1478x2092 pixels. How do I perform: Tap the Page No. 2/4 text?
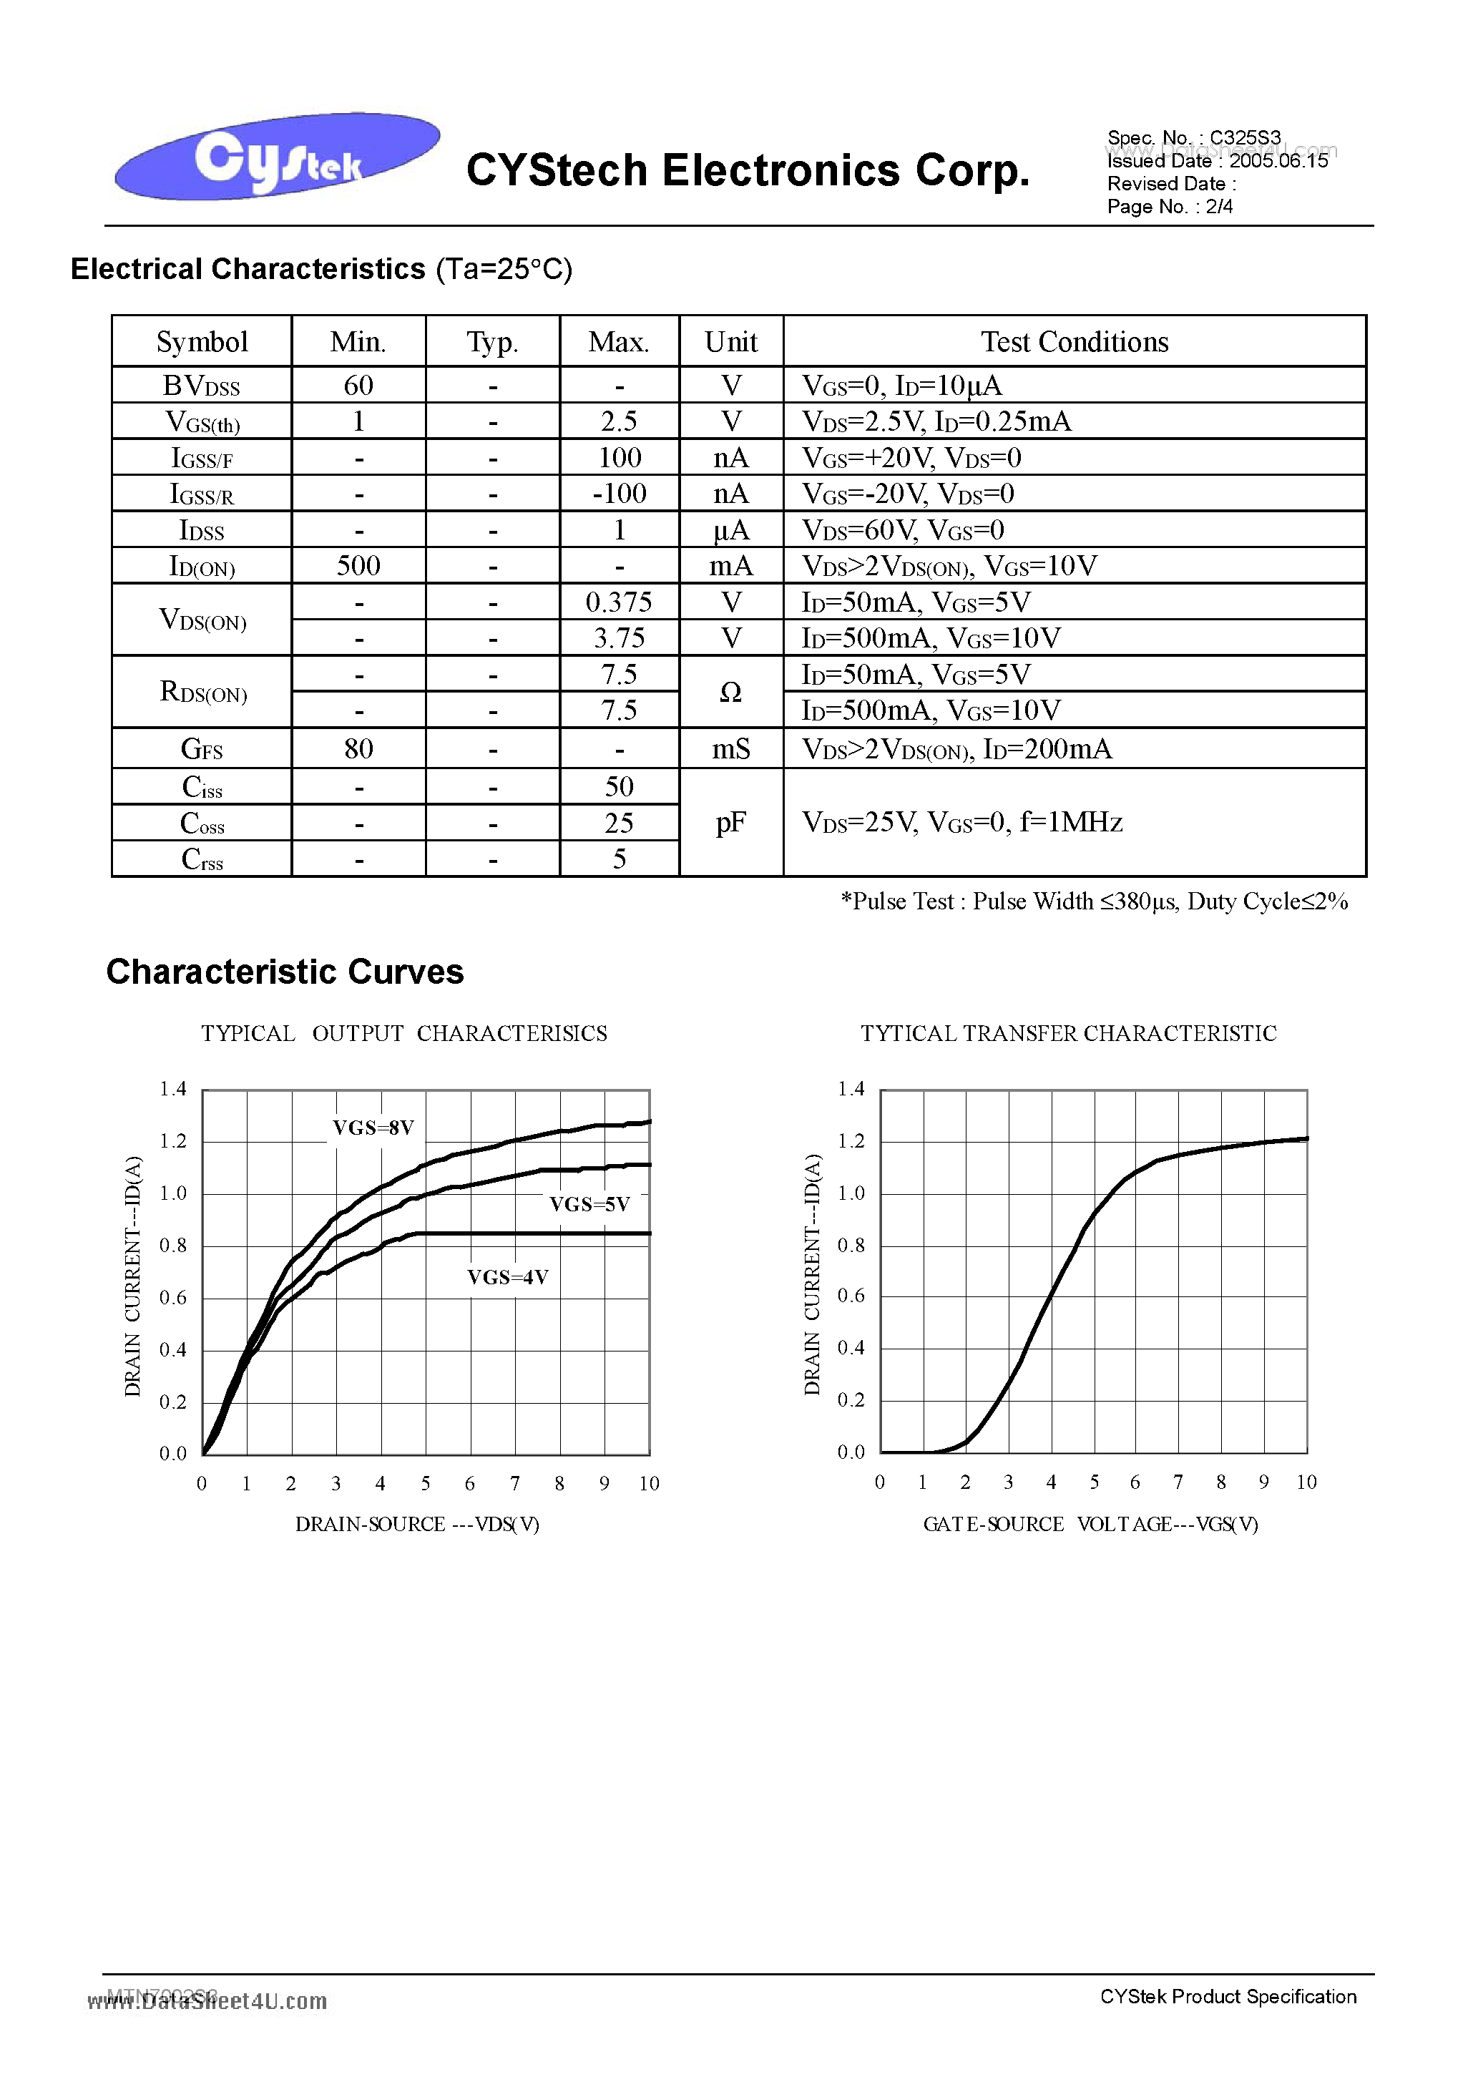1169,207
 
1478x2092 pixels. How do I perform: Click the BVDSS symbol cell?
201,386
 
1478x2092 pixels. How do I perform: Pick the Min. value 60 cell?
358,386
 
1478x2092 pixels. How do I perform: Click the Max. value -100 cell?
619,494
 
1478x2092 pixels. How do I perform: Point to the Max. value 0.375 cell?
619,602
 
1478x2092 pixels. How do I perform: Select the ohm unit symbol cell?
731,693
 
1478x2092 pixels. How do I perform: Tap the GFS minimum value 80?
358,749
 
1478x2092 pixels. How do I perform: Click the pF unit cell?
731,823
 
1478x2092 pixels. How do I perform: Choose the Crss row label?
201,859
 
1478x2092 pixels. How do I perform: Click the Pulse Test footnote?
1093,901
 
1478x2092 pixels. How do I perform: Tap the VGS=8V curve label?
373,1128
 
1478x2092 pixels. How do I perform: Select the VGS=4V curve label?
507,1277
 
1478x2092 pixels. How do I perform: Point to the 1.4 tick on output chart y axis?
173,1089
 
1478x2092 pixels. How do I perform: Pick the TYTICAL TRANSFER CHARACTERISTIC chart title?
1068,1033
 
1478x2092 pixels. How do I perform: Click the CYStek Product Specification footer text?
1228,1996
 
